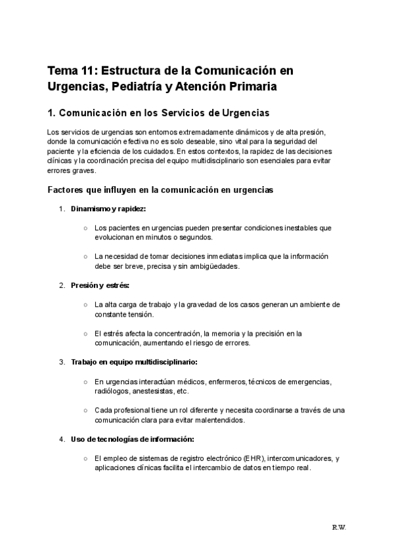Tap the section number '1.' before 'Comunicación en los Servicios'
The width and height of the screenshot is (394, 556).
(53, 113)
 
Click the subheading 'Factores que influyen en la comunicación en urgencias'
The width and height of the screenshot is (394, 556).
(161, 190)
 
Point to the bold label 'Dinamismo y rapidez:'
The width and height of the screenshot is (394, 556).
(108, 209)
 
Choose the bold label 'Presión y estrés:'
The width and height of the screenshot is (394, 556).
(100, 285)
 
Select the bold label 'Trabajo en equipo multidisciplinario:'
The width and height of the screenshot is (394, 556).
(134, 362)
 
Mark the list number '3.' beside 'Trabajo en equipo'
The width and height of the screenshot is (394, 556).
(62, 362)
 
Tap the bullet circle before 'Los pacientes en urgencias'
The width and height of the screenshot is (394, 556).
(86, 228)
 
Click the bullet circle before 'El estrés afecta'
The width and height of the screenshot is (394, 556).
(86, 334)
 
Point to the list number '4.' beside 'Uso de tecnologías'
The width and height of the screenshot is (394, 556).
(62, 439)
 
